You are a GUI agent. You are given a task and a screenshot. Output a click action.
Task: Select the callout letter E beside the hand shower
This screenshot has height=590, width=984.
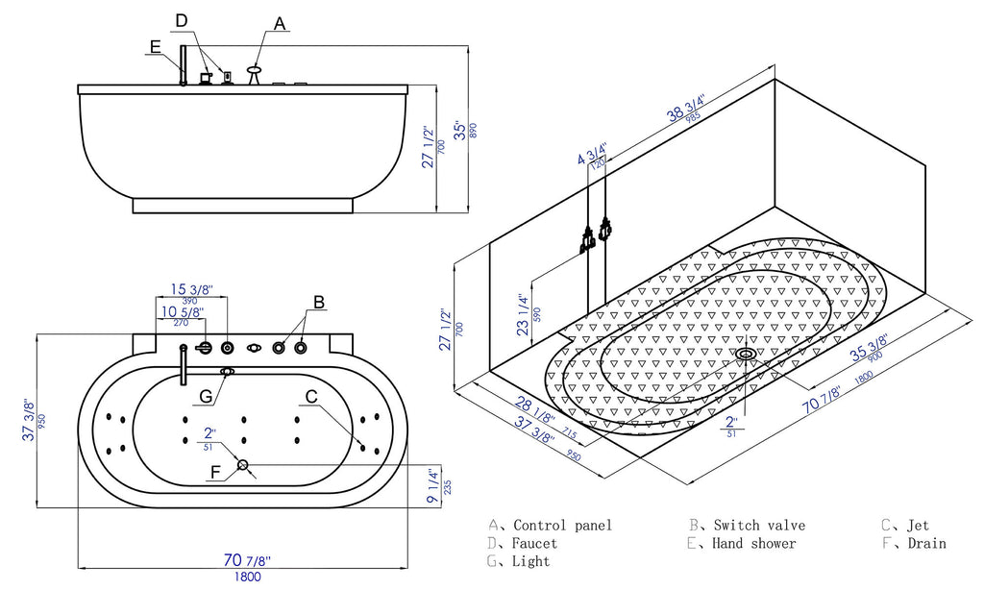click(x=156, y=45)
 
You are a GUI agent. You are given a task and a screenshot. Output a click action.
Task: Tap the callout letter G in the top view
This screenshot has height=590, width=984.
click(x=206, y=397)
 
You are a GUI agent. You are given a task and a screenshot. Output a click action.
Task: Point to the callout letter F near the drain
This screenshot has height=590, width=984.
click(x=215, y=472)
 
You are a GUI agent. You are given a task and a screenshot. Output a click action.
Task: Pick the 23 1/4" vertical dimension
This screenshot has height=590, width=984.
click(x=523, y=314)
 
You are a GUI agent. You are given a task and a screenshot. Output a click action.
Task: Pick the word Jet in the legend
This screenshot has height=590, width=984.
click(x=918, y=526)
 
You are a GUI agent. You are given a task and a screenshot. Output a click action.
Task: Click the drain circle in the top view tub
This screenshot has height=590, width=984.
click(x=243, y=466)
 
